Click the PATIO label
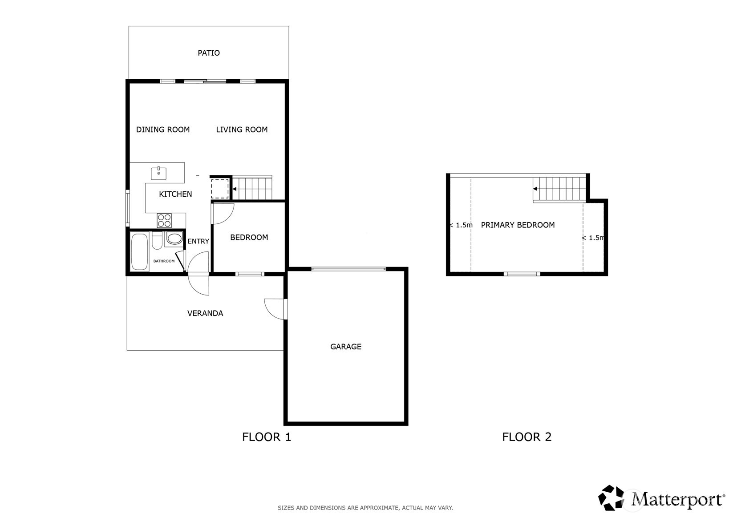[x=208, y=53]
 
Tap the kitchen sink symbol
[x=158, y=174]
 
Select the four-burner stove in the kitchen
[x=164, y=220]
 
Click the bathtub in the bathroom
[x=140, y=251]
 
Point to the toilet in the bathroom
[x=157, y=240]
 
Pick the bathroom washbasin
[x=174, y=239]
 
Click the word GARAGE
[x=345, y=347]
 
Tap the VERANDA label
[x=205, y=313]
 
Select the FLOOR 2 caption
[x=527, y=437]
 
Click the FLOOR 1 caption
[x=267, y=437]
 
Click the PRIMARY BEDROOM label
[x=518, y=225]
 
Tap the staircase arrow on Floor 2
[x=535, y=189]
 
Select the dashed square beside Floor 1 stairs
[x=219, y=189]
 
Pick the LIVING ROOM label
[x=242, y=129]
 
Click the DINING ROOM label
[x=162, y=129]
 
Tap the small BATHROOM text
[x=164, y=261]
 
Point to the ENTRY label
[x=198, y=241]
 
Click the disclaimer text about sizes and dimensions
[x=365, y=508]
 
